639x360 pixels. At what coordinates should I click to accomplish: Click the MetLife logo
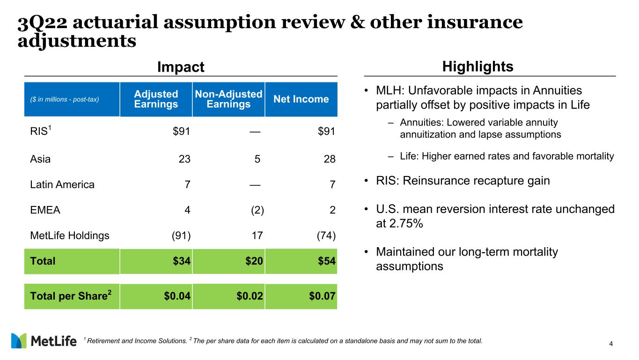pos(44,341)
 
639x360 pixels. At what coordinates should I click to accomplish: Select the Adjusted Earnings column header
pos(156,99)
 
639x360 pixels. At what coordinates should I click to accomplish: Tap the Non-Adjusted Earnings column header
pos(228,99)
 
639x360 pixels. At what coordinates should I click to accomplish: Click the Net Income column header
pos(301,99)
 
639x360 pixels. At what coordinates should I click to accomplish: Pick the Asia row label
pos(40,159)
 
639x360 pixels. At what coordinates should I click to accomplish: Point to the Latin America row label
pos(62,184)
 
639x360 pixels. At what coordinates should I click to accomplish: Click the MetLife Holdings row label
pos(70,235)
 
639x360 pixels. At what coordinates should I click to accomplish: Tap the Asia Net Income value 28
pos(330,159)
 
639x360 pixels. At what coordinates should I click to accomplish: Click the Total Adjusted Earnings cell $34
pos(181,261)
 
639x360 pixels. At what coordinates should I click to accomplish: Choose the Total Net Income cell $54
pos(326,261)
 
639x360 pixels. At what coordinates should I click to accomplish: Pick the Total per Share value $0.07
pos(321,296)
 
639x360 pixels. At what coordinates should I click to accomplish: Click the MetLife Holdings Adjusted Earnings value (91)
pos(180,235)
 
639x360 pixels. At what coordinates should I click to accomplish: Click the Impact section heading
pos(181,67)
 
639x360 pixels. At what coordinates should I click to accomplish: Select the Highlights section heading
pos(477,66)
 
